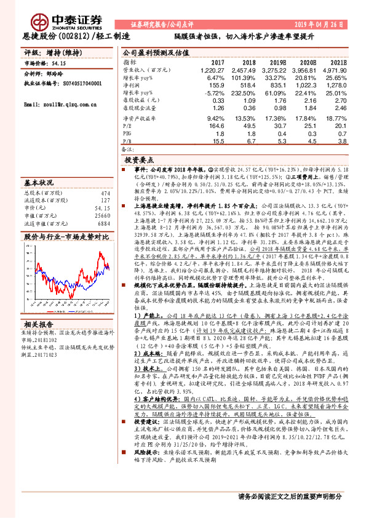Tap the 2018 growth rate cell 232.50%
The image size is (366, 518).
click(x=244, y=94)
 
